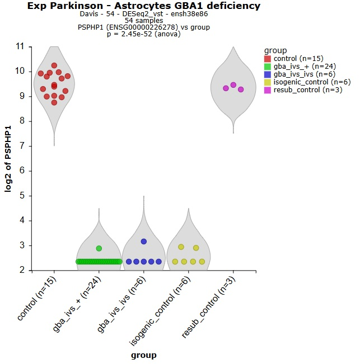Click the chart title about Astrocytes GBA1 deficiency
tap(144, 6)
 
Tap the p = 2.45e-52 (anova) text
tap(144, 34)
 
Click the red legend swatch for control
tap(268, 59)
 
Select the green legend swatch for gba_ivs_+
tap(268, 67)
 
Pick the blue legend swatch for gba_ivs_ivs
tap(268, 74)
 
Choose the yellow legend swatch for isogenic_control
tap(268, 82)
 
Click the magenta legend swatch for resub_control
tap(268, 90)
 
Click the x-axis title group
tap(143, 355)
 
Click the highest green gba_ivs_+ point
tap(99, 248)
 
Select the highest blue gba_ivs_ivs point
tap(144, 242)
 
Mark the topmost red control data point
tap(54, 65)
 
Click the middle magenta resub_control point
tap(233, 85)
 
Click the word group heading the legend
tap(276, 50)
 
